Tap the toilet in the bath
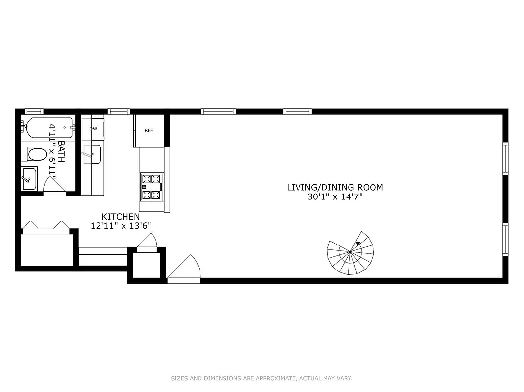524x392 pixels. click(x=35, y=154)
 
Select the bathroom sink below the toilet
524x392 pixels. click(x=29, y=178)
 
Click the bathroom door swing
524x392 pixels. click(x=53, y=185)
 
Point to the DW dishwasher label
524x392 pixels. click(x=93, y=129)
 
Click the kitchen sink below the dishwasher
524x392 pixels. click(x=92, y=154)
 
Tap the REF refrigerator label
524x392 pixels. click(x=149, y=130)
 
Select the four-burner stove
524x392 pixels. click(x=151, y=187)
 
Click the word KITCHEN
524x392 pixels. click(x=121, y=216)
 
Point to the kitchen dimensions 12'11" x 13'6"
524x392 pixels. click(x=121, y=225)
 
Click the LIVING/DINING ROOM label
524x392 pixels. click(x=335, y=187)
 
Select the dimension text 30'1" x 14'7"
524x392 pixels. click(x=335, y=197)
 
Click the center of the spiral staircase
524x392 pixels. click(x=350, y=252)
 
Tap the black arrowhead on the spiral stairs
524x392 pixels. click(x=359, y=243)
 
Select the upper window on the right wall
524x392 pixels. click(x=505, y=158)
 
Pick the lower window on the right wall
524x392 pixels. click(x=505, y=240)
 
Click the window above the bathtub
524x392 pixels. click(x=34, y=111)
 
